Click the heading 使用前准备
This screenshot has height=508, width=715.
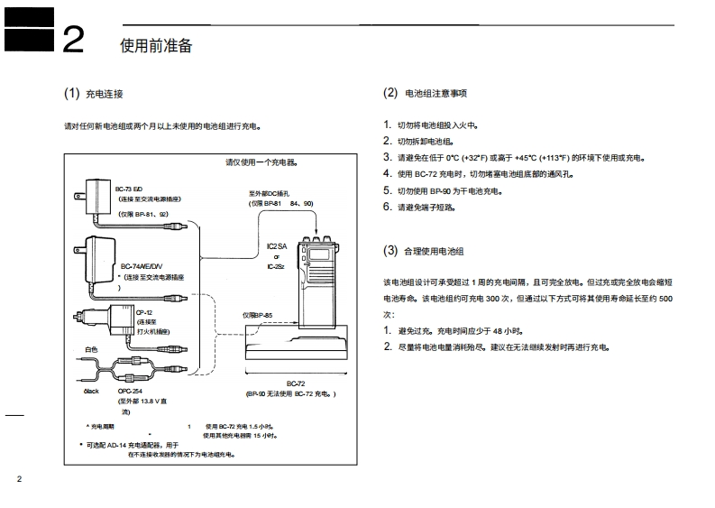point(155,45)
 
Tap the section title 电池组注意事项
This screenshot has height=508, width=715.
point(436,94)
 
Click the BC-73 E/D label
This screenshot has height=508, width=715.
point(130,187)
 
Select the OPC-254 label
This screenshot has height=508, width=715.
point(131,392)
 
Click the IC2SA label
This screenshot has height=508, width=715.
point(276,245)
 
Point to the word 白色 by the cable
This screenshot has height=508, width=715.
point(90,349)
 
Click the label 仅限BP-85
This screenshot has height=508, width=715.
point(257,315)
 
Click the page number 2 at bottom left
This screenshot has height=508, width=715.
point(19,478)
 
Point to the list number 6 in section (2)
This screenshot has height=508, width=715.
point(387,207)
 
